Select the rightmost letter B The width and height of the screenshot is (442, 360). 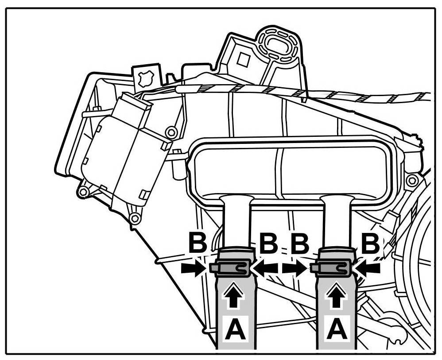coord(370,243)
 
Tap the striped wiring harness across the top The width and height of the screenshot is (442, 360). coord(301,93)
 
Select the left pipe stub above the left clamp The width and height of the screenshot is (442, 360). coord(237,221)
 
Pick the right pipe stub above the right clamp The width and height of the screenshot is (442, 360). coord(337,221)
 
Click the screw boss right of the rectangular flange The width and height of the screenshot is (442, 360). coord(412,180)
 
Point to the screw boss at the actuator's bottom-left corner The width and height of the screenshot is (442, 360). coord(81,193)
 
